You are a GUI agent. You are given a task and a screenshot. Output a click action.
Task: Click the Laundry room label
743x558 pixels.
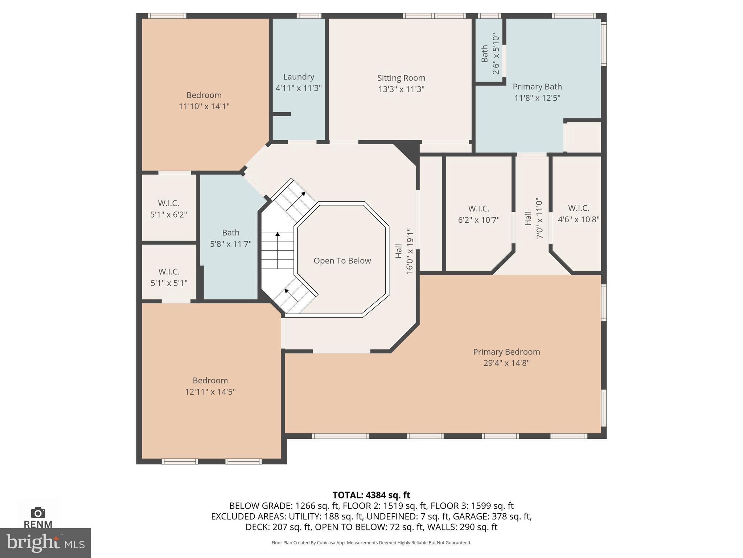(298, 77)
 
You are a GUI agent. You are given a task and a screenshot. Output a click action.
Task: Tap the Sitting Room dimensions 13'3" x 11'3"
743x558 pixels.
(401, 89)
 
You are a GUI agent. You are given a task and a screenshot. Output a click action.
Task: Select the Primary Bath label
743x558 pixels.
(537, 87)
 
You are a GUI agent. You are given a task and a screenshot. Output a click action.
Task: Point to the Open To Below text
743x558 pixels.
(342, 261)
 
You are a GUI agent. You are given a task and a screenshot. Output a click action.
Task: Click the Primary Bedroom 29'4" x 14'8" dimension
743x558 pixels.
(506, 363)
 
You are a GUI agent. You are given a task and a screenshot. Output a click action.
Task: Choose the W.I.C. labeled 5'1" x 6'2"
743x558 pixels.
(168, 209)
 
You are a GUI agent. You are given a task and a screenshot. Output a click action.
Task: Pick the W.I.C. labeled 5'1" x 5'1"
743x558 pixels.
(169, 277)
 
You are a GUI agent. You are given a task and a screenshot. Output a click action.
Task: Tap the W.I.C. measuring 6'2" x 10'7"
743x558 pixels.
(479, 214)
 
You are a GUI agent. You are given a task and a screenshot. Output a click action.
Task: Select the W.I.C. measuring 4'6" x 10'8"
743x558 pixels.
(578, 214)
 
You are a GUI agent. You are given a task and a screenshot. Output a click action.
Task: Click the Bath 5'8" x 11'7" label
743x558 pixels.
(231, 238)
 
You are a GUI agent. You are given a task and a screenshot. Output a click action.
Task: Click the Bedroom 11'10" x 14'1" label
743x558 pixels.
(204, 101)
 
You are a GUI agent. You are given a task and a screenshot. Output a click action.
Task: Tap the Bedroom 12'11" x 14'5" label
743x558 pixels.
(210, 386)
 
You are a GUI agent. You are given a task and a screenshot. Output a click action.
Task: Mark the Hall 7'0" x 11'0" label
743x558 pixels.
(534, 218)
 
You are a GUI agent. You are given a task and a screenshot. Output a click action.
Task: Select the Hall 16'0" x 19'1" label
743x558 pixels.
(404, 251)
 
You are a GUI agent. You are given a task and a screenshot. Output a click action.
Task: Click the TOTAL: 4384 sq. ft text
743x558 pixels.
(371, 495)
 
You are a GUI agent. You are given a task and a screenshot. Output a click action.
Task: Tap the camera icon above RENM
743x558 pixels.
(38, 513)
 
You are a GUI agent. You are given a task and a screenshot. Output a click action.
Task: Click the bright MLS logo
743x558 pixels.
(45, 543)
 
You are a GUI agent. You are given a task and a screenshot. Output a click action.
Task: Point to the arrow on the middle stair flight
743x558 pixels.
(278, 235)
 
